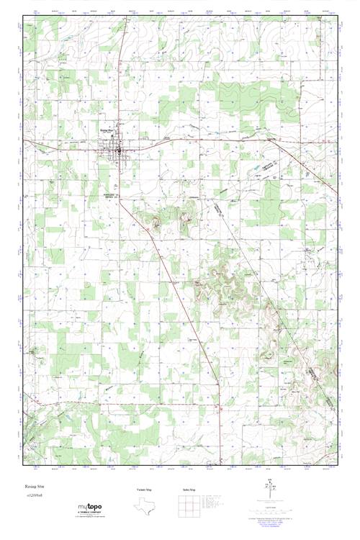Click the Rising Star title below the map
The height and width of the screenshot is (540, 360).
[34, 487]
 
